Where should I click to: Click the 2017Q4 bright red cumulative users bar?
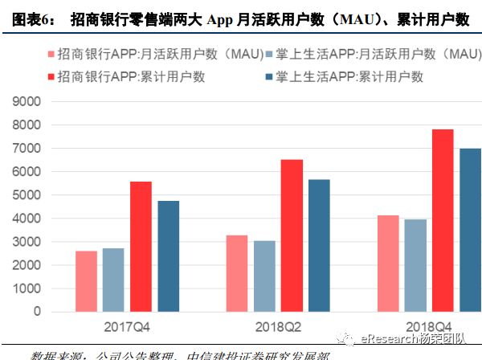point(141,247)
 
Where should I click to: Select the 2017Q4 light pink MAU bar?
point(86,281)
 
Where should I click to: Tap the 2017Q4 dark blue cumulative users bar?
point(168,256)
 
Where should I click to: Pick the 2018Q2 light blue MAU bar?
point(264,276)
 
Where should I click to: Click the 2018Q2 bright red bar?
point(292,235)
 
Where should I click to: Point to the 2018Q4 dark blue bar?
point(469,230)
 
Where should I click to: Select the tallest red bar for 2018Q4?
point(442,220)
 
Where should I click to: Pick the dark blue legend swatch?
point(269,77)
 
